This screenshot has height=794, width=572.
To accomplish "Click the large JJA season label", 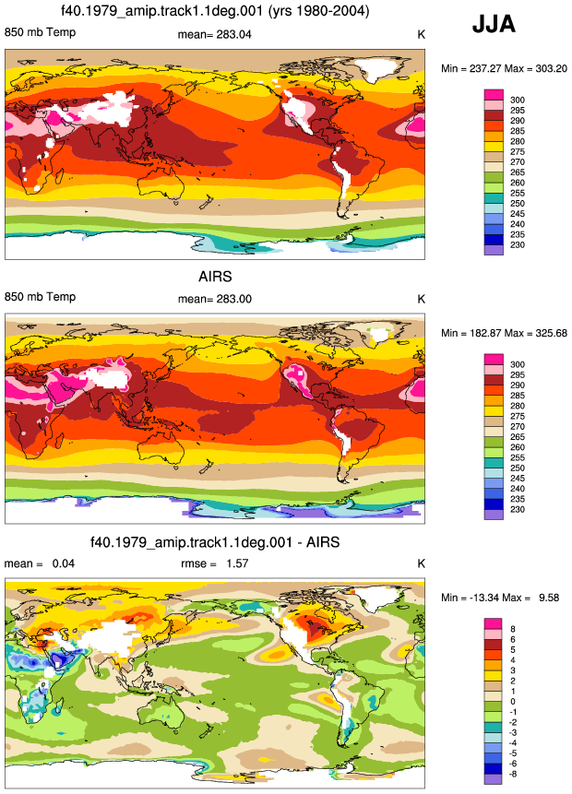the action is [x=494, y=24].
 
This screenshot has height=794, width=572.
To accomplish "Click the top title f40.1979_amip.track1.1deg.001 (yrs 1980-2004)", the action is [x=215, y=11].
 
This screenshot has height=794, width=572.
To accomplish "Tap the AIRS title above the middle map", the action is [x=215, y=277].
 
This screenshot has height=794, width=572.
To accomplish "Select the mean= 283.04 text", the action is [x=214, y=34].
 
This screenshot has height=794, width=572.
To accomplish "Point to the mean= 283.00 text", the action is [x=214, y=299].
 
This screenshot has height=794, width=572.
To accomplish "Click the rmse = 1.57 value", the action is [x=214, y=563].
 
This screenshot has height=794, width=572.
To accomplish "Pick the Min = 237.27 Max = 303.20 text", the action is [x=504, y=68].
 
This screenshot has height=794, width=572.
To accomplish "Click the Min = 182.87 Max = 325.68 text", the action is [x=504, y=333].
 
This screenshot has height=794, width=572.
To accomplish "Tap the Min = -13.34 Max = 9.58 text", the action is [x=500, y=598].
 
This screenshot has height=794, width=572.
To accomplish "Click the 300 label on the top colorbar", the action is [x=518, y=100].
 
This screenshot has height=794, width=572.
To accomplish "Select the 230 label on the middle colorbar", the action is [x=518, y=509].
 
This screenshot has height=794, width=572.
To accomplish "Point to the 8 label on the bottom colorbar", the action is [x=513, y=629].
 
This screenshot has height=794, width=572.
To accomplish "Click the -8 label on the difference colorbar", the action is [x=513, y=774].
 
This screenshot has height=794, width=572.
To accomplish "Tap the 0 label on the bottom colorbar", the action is [x=513, y=702].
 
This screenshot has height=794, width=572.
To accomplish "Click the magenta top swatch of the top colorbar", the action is [x=494, y=95].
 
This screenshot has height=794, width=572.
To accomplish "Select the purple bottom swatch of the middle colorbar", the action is [x=494, y=515].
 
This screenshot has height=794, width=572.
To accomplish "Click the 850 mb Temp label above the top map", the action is [x=40, y=32].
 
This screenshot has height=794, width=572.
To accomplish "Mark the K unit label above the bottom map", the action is [x=421, y=563].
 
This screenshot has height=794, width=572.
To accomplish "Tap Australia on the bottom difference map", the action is [x=163, y=712].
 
